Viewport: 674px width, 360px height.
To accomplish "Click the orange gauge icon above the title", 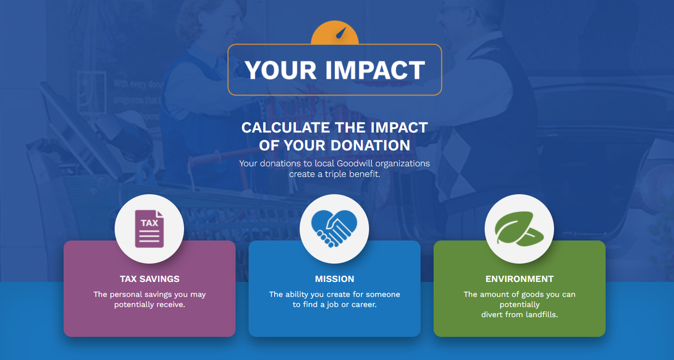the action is point(335,33).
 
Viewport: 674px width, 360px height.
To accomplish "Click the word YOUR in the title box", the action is point(280,70).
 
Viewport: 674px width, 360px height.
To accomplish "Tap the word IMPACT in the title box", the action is point(375,70).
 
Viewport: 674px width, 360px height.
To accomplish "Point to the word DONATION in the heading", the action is point(370,146).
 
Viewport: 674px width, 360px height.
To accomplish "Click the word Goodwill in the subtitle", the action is point(355,163).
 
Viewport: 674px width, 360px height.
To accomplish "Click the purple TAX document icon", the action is point(149,229).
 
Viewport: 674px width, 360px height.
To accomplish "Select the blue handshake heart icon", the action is point(334,229).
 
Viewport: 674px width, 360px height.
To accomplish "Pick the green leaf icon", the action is point(519,228).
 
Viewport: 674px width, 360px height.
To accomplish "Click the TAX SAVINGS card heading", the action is point(149,279).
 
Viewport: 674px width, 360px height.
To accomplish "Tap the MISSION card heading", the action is point(335,279).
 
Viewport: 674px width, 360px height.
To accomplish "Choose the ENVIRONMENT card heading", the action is point(519,279).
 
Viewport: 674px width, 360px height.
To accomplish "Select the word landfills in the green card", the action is point(542,315).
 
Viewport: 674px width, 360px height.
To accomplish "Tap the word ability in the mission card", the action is point(296,294).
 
